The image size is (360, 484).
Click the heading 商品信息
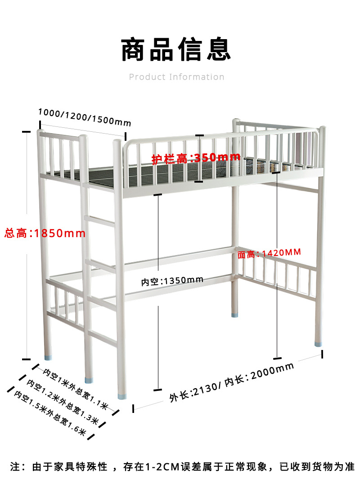[x=176, y=50]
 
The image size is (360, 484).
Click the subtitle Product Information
[x=176, y=77]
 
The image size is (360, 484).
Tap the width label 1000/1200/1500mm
[x=84, y=117]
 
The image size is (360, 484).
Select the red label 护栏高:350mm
[x=196, y=158]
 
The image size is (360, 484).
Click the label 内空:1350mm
[x=172, y=281]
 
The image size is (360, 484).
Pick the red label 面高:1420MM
[x=269, y=253]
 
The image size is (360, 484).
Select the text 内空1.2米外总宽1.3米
[x=63, y=402]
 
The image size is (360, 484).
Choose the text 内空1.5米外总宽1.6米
[x=50, y=414]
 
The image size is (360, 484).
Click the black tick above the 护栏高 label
[x=199, y=135]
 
